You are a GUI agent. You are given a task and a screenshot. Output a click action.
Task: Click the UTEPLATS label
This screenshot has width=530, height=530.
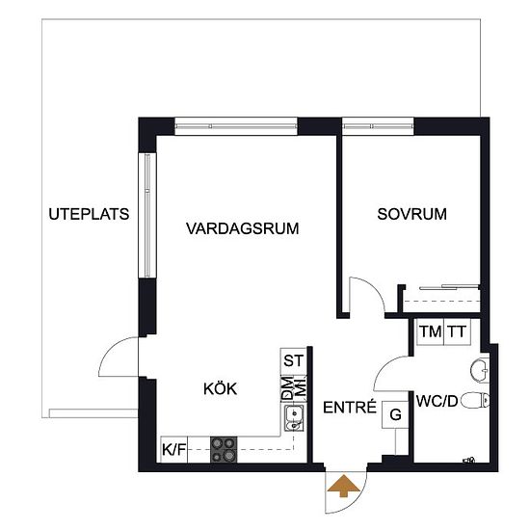[89, 214]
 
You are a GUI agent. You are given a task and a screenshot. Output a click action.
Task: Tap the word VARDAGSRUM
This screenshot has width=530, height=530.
[242, 228]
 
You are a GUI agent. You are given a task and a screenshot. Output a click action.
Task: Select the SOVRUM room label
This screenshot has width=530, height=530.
[411, 214]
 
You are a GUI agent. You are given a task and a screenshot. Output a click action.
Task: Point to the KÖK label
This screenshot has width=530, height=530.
[220, 388]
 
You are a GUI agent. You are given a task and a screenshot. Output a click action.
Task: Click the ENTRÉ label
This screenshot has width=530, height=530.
[350, 407]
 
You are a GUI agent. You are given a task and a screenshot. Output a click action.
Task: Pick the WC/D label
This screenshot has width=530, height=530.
[437, 401]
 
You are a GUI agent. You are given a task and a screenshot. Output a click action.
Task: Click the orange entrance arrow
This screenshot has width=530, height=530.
[343, 486]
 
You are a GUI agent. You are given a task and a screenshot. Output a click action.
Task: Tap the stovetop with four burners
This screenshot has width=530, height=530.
[224, 450]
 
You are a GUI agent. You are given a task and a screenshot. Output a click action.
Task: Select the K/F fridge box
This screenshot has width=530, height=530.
[173, 450]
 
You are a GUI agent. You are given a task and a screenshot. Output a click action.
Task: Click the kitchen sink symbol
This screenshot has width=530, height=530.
[294, 419]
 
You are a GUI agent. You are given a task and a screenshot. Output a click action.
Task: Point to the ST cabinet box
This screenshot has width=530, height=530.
[293, 361]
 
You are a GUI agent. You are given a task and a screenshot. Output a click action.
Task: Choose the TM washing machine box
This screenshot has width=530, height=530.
[430, 331]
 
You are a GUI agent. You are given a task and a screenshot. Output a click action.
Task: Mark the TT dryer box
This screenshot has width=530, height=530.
[457, 331]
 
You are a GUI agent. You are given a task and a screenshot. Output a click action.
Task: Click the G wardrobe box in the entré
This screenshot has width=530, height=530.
[395, 414]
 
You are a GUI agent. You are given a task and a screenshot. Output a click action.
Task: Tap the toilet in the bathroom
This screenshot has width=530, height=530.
[475, 401]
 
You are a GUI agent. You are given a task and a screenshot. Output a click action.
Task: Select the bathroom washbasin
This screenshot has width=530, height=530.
[480, 370]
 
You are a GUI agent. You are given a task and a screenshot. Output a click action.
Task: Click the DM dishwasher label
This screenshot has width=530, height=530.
[287, 388]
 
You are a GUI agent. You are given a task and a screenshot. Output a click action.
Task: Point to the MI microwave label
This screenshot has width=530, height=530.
[301, 388]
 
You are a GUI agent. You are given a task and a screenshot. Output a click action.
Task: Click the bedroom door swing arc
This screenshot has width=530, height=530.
[374, 287]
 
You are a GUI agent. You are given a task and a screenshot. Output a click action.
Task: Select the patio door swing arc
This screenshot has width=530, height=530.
[110, 348]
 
